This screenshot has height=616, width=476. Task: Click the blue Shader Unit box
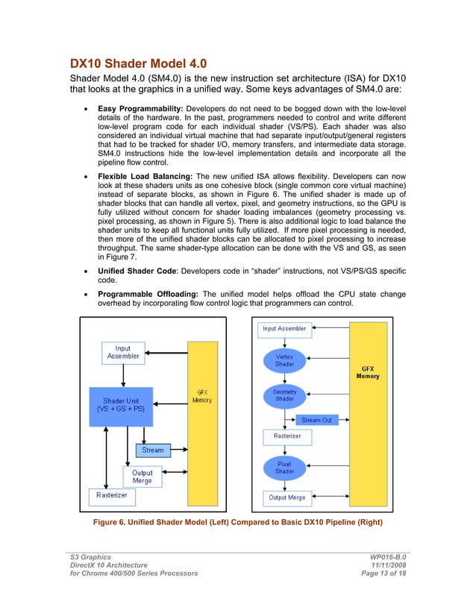click(x=121, y=406)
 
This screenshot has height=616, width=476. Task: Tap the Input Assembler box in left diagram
click(x=123, y=352)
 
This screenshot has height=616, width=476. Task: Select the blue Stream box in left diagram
click(x=152, y=450)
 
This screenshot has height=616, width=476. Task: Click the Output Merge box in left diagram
click(x=142, y=477)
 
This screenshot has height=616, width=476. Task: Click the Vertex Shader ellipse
click(x=284, y=361)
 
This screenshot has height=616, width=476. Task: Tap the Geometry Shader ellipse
click(x=284, y=395)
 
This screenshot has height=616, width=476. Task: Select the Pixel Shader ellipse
click(x=284, y=468)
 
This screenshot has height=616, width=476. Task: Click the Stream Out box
click(x=316, y=420)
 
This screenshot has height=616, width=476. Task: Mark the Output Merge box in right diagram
click(x=286, y=497)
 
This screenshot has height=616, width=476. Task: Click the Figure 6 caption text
click(x=237, y=523)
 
